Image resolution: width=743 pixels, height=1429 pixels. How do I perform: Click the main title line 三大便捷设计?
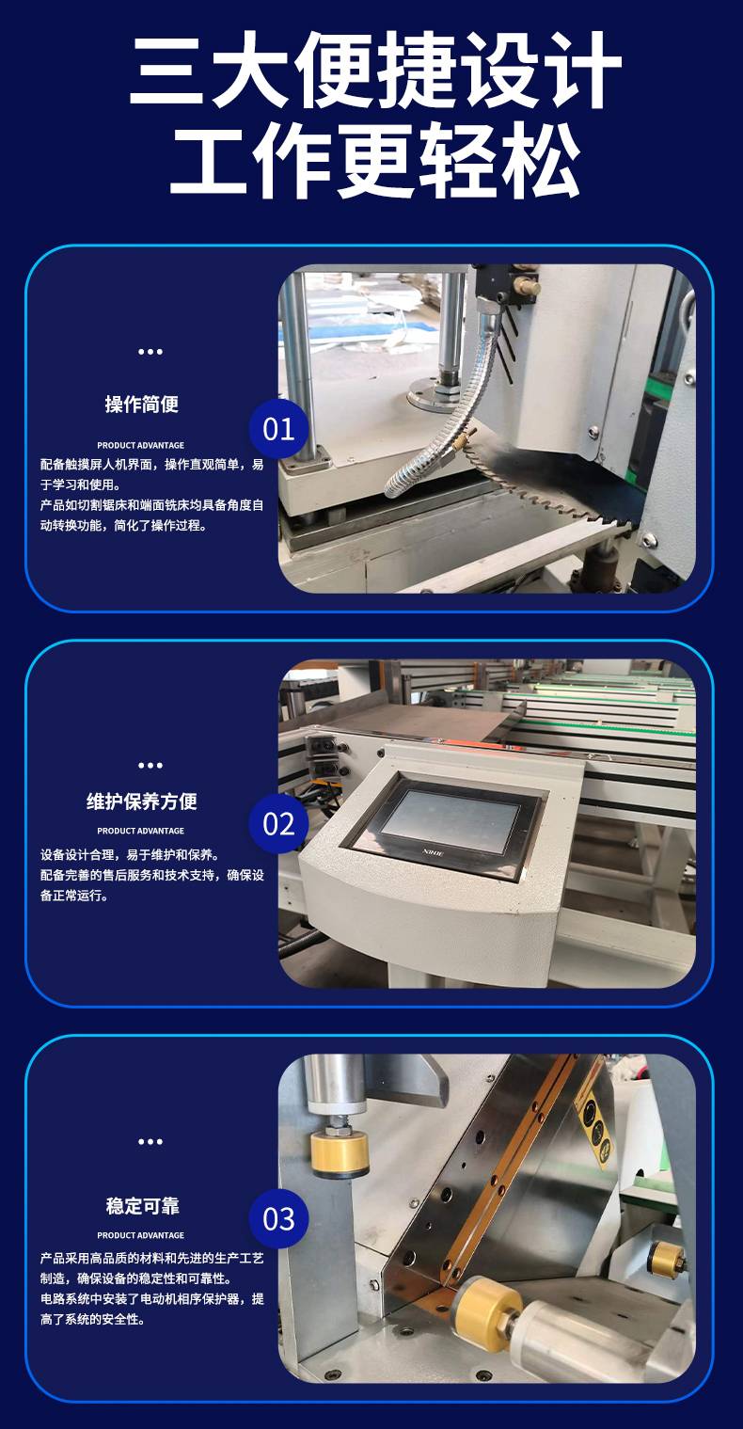(x=375, y=71)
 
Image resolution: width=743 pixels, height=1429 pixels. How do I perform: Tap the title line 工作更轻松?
(x=375, y=161)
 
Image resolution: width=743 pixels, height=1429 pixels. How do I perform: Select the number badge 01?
(x=278, y=429)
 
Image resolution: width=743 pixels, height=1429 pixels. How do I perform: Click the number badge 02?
(x=278, y=823)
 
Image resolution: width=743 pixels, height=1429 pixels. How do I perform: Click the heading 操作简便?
(x=142, y=404)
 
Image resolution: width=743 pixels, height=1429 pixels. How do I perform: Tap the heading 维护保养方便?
(x=142, y=802)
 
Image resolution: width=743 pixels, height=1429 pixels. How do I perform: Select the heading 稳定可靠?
(x=142, y=1206)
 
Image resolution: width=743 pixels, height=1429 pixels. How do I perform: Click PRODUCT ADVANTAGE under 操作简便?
(x=140, y=445)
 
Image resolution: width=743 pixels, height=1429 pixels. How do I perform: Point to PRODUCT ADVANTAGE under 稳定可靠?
(x=140, y=1235)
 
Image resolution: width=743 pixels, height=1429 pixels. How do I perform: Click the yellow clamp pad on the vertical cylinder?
(x=340, y=1153)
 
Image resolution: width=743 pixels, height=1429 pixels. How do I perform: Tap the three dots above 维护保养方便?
(x=150, y=765)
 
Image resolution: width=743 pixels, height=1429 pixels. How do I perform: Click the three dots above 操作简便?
(x=150, y=352)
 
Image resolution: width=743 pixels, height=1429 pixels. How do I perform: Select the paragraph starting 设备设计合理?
(x=151, y=875)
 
